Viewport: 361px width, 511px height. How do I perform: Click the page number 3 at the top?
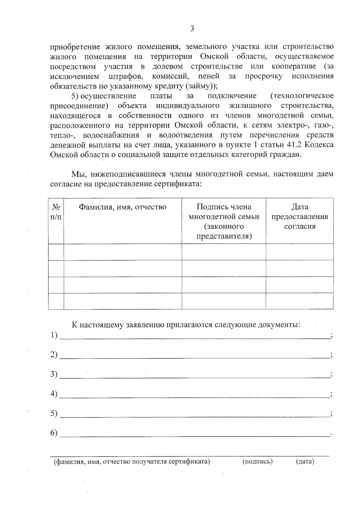(192, 29)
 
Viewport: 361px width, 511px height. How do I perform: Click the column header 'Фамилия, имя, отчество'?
(122, 207)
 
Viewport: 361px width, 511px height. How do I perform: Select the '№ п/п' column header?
(56, 212)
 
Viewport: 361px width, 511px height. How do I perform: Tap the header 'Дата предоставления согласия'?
(300, 217)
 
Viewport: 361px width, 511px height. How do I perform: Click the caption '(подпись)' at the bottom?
(258, 462)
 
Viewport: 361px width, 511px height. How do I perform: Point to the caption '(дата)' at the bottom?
(305, 462)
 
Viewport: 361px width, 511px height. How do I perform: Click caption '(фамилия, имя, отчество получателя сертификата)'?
(131, 462)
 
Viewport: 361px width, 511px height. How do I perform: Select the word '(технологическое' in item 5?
(302, 96)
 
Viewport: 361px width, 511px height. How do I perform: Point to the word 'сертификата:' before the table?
(179, 184)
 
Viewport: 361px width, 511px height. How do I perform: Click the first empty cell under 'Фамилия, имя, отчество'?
(122, 252)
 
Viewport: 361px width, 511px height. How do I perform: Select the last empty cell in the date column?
(299, 301)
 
